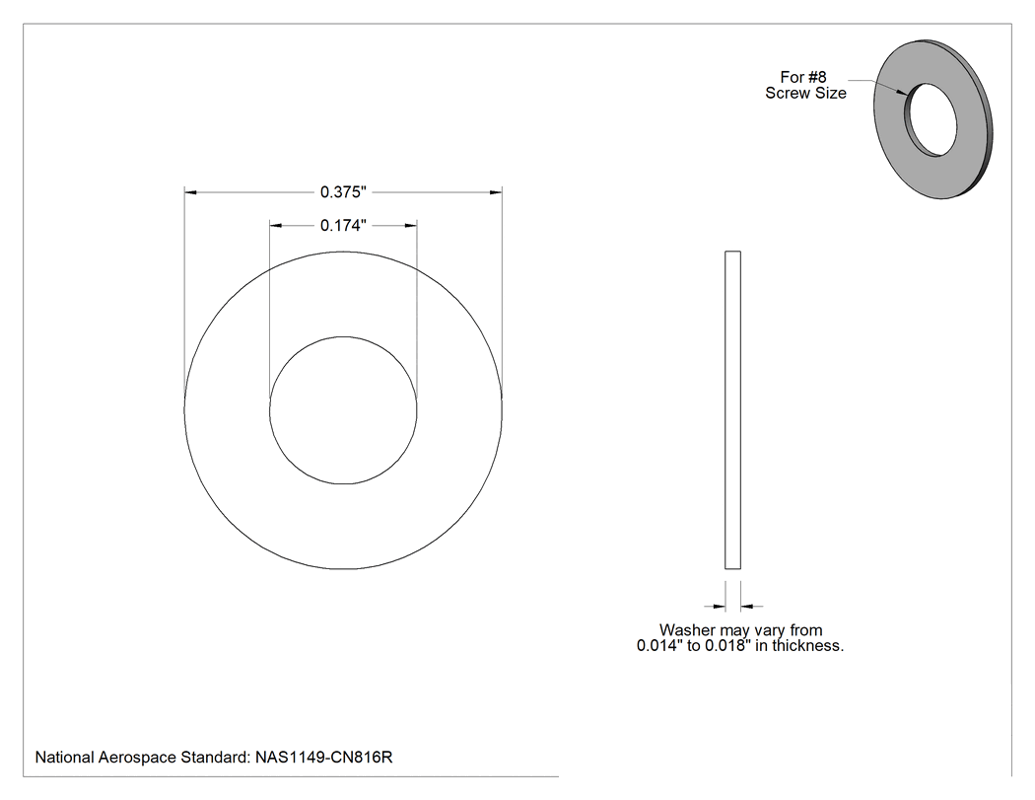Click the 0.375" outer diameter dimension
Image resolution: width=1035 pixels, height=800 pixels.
click(343, 192)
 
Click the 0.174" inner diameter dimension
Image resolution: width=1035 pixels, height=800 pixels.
click(343, 226)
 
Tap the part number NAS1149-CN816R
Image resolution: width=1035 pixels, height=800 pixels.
click(323, 757)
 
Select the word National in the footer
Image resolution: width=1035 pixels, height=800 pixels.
click(64, 757)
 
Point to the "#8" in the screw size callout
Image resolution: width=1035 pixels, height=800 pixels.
click(817, 77)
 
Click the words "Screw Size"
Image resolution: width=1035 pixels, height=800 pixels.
click(805, 93)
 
